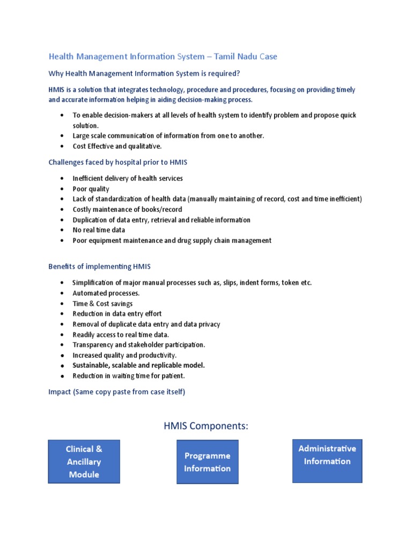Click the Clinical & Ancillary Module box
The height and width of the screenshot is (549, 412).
point(84,462)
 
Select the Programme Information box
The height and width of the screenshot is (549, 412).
point(207,462)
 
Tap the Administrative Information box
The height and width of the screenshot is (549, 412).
point(327,455)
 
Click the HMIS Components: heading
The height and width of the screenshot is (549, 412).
point(206,426)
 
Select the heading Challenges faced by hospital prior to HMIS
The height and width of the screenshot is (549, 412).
point(117,162)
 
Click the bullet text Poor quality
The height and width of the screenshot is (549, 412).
point(91,189)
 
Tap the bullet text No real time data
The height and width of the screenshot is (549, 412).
point(99,230)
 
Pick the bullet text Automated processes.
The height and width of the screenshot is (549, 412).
point(106,293)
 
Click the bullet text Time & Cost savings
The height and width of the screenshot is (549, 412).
point(102,303)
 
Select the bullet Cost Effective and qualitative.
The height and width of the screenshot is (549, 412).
point(117,146)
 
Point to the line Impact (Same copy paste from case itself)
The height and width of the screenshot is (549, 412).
point(116,392)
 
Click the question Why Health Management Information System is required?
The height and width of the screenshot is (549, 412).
point(144,73)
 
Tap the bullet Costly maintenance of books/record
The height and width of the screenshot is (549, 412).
point(127,210)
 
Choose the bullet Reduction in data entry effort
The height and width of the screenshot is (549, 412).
point(117,314)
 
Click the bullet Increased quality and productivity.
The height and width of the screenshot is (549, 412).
point(124,355)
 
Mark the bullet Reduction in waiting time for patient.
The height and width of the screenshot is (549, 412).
point(129,375)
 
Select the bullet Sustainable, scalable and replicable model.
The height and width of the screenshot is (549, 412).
point(138,365)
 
